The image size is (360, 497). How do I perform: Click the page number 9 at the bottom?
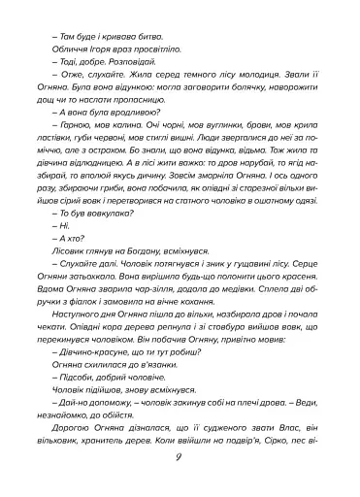180,458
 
